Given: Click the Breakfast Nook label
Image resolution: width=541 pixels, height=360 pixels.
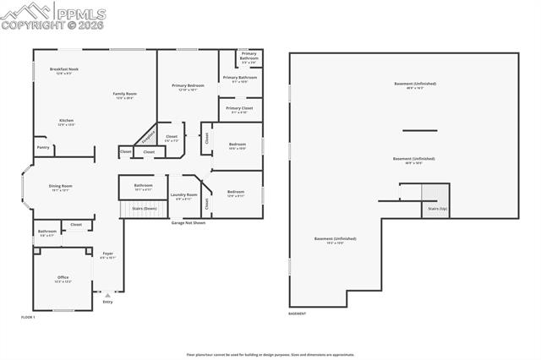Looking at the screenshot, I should (x=64, y=70).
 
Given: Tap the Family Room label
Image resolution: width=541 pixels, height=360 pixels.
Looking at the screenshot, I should (x=125, y=95).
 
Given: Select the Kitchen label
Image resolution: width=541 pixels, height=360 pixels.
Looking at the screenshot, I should (x=66, y=122).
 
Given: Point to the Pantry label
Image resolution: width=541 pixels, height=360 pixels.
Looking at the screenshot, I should (x=42, y=147).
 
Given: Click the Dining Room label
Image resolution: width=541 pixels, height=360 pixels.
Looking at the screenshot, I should (x=60, y=187).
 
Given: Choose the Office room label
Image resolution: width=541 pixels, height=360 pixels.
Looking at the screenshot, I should (x=63, y=278).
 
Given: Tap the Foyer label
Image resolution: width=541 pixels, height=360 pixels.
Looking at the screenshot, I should (x=108, y=254).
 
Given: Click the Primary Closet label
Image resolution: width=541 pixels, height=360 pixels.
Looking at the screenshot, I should (x=239, y=109).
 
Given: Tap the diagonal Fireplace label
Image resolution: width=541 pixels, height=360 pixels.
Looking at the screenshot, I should (x=147, y=136).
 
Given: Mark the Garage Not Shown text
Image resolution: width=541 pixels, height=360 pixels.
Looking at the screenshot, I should (x=189, y=223).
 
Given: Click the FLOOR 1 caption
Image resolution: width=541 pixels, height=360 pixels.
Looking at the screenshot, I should (x=29, y=316).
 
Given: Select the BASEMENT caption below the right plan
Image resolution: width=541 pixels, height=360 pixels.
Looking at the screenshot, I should (x=297, y=314).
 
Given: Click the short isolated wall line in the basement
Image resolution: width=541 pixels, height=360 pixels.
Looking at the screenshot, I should (x=419, y=130).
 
